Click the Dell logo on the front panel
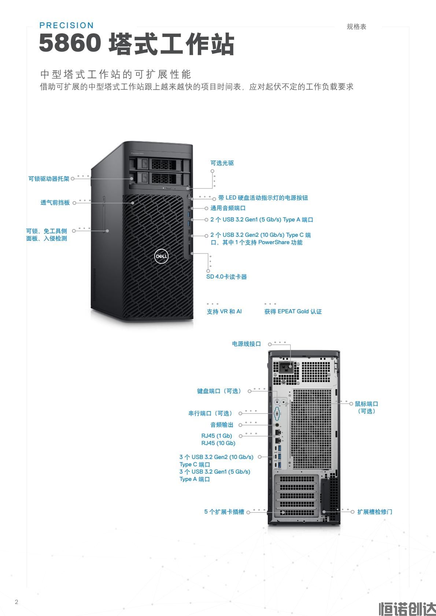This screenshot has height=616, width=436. (161, 256)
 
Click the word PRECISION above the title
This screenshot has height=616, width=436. (67, 25)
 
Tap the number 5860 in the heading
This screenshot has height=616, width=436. (70, 43)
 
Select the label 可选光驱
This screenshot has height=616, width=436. (222, 163)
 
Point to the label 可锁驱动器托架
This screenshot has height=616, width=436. (49, 179)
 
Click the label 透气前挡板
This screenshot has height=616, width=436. (55, 203)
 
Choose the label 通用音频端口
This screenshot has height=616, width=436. (228, 208)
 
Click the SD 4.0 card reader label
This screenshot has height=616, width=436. (226, 277)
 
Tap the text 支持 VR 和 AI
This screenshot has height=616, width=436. (224, 311)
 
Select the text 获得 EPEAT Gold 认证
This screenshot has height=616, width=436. (293, 311)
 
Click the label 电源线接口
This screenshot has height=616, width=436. (246, 344)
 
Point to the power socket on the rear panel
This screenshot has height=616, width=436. (286, 367)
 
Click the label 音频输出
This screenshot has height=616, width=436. (222, 425)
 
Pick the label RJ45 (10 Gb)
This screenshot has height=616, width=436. (218, 443)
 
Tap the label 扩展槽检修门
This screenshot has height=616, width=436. (374, 512)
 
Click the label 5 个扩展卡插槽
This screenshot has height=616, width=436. (224, 512)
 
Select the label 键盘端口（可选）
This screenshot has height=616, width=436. (219, 391)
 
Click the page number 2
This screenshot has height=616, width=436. (16, 602)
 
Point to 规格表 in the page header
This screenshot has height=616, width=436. (356, 27)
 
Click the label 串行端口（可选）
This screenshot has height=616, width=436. (211, 413)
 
